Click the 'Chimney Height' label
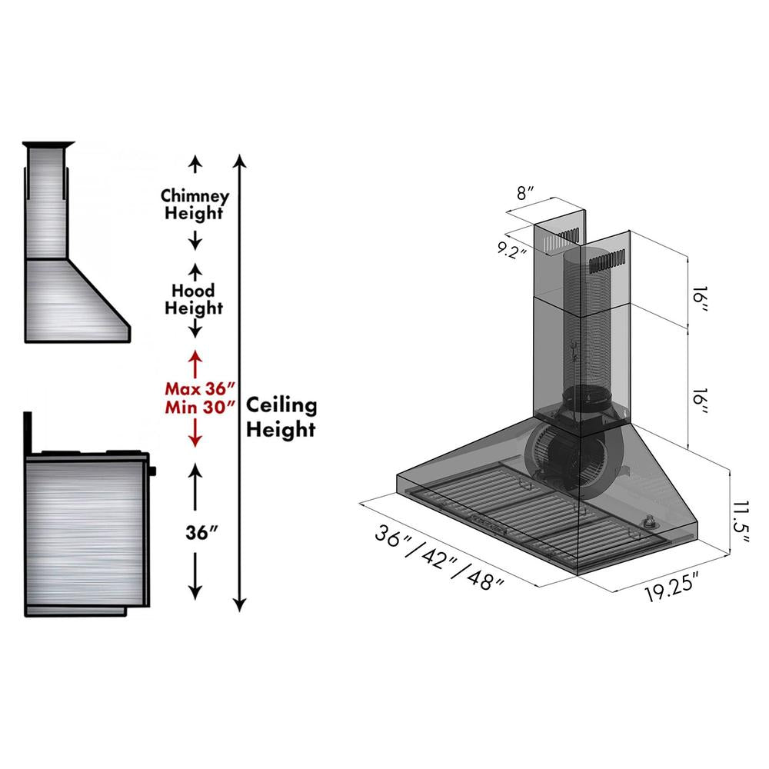[195, 205]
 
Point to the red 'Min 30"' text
[199, 408]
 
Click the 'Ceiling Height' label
[281, 418]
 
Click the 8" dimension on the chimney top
[525, 193]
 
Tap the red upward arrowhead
[195, 358]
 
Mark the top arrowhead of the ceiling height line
[240, 160]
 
